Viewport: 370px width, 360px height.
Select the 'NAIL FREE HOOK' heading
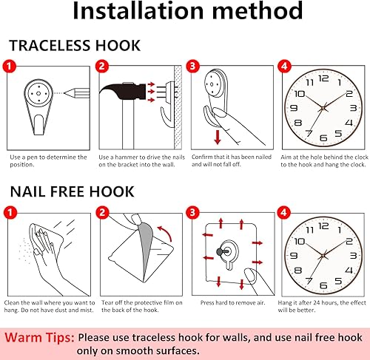(72, 192)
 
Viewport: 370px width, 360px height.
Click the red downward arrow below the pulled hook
(217, 138)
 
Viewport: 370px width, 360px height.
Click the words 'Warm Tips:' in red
(38, 337)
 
